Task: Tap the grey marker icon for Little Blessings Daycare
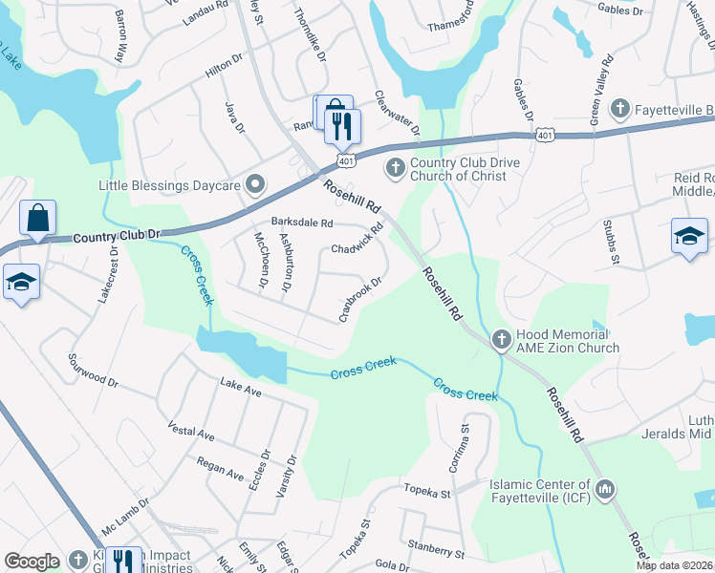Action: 255,183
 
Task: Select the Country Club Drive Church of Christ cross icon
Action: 395,169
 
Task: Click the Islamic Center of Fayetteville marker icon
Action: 604,491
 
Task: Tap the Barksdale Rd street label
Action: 301,223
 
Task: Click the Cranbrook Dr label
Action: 360,299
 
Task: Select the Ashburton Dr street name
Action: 286,261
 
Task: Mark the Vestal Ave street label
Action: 190,431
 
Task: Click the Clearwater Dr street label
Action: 397,111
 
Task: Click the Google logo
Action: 32,562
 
